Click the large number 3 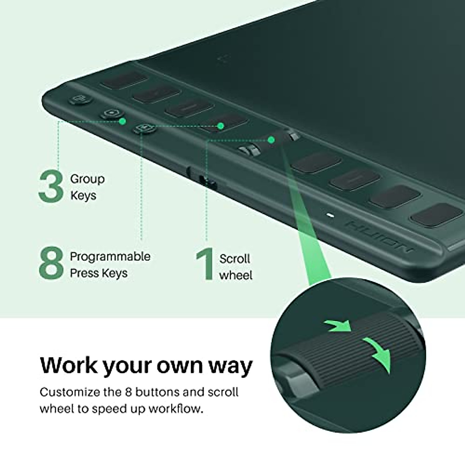pos(51,187)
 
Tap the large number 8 pos(51,265)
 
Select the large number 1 pos(205,265)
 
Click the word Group pos(87,179)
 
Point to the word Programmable pos(110,257)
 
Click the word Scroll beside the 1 pos(234,258)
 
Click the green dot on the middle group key pos(122,121)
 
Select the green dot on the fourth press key pos(220,126)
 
